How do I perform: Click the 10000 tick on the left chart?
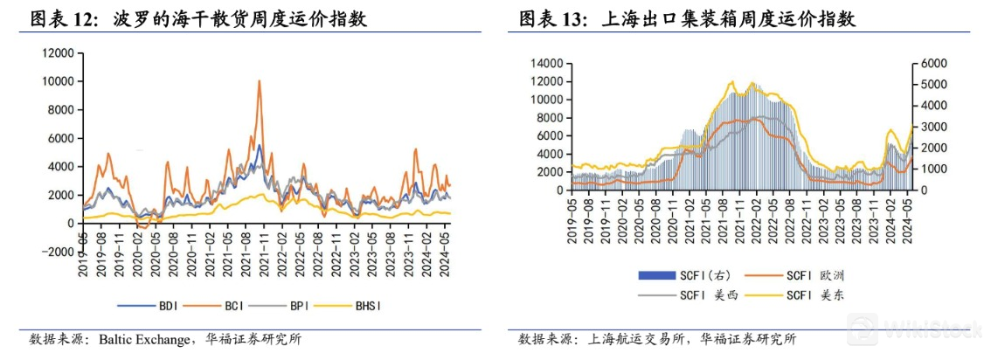tap(59, 81)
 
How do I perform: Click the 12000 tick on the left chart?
tap(59, 53)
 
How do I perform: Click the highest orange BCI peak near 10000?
tap(259, 81)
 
